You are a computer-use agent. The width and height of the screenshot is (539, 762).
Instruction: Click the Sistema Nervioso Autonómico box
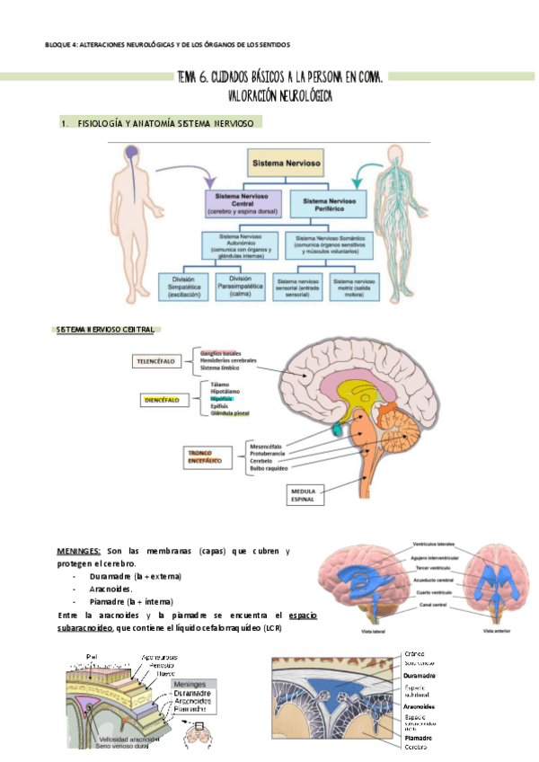[242, 244]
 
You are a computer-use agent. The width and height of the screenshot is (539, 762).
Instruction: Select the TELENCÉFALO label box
[155, 362]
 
